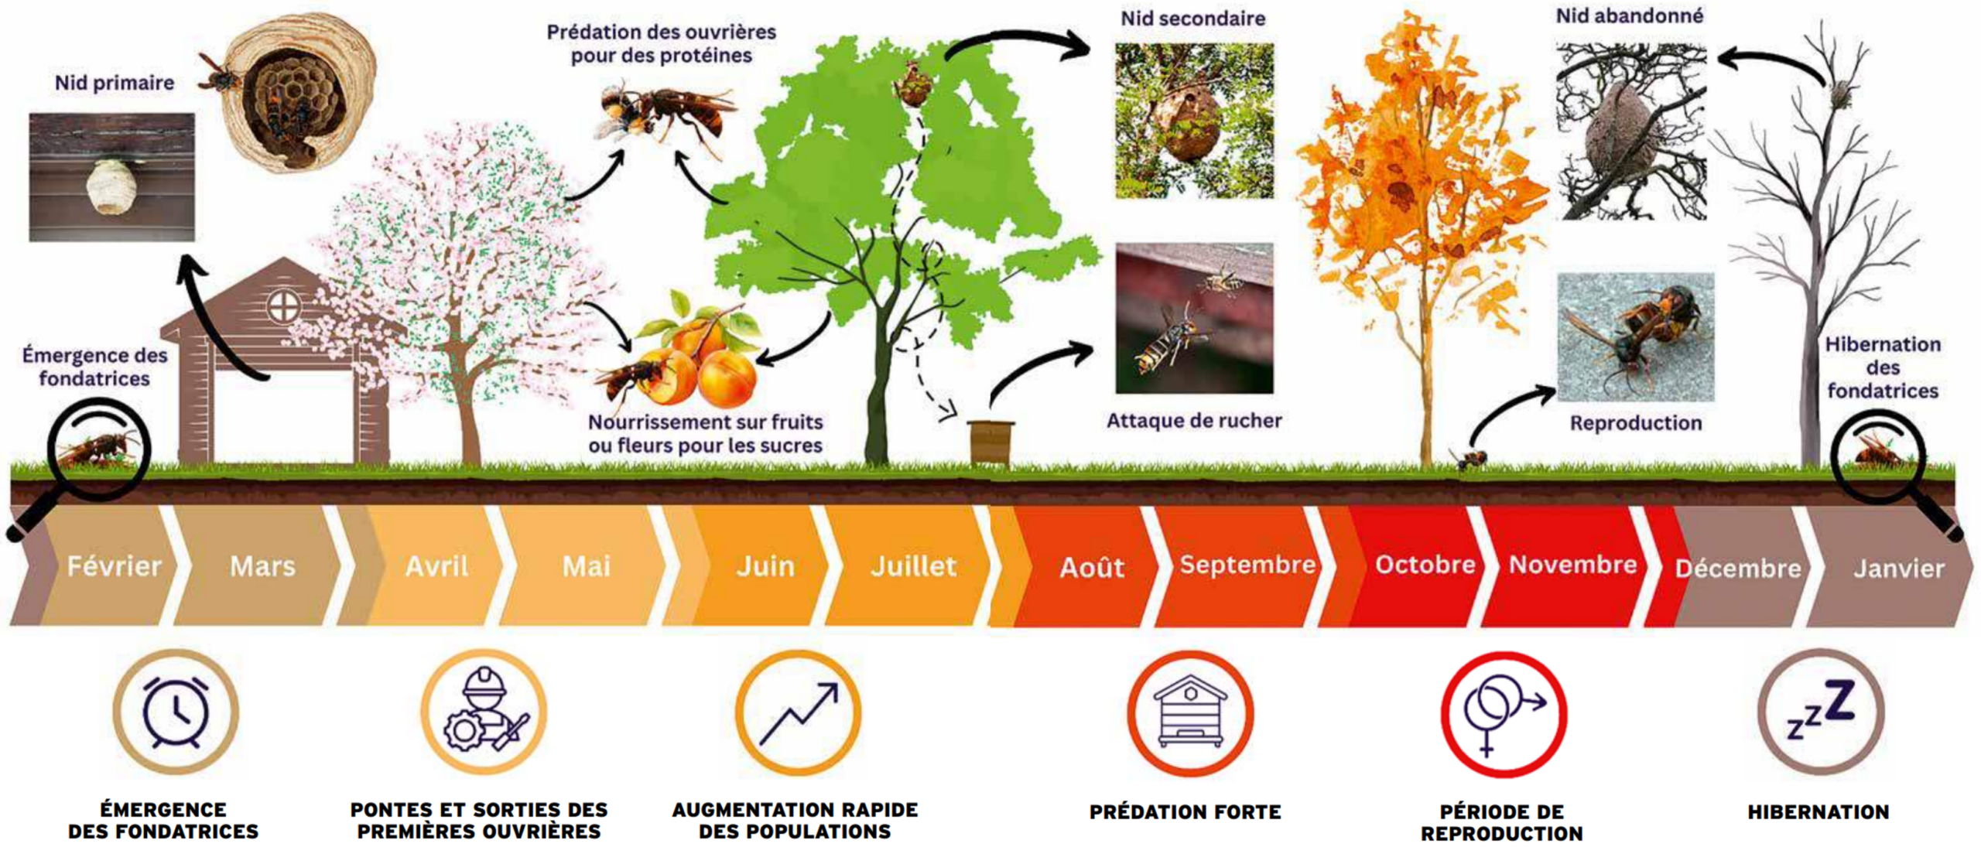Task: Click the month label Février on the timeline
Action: pyautogui.click(x=114, y=566)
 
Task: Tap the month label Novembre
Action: pyautogui.click(x=1572, y=565)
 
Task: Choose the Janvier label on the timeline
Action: pyautogui.click(x=1898, y=569)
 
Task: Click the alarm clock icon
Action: pyautogui.click(x=176, y=712)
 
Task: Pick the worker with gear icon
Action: pyautogui.click(x=484, y=711)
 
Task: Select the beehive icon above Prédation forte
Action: pyautogui.click(x=1190, y=712)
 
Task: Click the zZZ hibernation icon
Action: pyautogui.click(x=1820, y=710)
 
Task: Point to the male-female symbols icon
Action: pyautogui.click(x=1504, y=714)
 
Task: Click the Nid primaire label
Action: pyautogui.click(x=115, y=83)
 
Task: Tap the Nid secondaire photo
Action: pyautogui.click(x=1194, y=121)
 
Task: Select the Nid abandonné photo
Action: pyautogui.click(x=1631, y=131)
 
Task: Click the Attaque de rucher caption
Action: pyautogui.click(x=1194, y=421)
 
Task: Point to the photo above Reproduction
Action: pyautogui.click(x=1636, y=336)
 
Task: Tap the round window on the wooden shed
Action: pyautogui.click(x=283, y=307)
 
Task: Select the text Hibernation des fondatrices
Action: pyautogui.click(x=1883, y=367)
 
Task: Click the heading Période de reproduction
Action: pyautogui.click(x=1502, y=822)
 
